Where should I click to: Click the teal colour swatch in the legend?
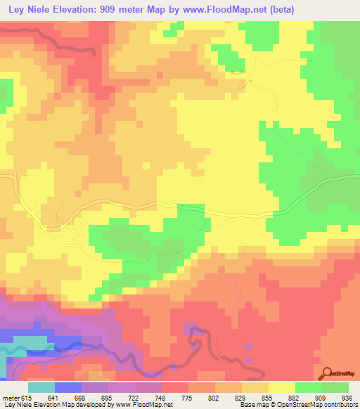(41, 387)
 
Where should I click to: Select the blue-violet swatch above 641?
(67, 387)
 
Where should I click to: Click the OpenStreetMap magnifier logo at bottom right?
(328, 373)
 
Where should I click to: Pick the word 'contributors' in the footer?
(340, 405)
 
